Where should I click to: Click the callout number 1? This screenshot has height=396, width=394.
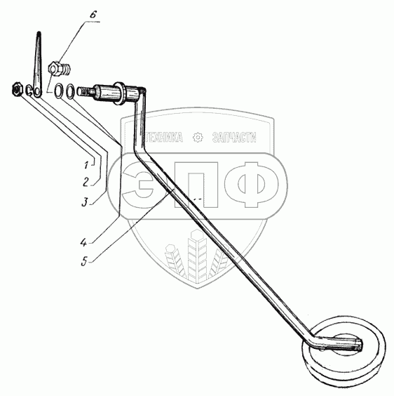[x=86, y=165]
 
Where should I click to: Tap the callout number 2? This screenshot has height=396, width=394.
[x=86, y=182]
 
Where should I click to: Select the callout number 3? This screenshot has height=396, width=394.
[x=85, y=202]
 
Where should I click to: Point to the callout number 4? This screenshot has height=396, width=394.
[x=83, y=243]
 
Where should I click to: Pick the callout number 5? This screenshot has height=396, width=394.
[x=84, y=261]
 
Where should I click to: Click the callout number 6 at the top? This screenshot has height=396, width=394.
[x=93, y=14]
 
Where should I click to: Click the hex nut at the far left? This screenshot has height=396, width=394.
[x=18, y=89]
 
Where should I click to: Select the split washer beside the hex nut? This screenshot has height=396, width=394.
[x=29, y=91]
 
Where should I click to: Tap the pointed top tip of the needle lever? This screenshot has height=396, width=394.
[x=39, y=32]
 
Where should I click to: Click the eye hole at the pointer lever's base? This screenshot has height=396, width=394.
[x=38, y=91]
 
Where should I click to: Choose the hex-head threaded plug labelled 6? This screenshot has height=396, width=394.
[x=60, y=68]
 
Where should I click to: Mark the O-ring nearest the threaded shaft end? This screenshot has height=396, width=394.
[x=70, y=91]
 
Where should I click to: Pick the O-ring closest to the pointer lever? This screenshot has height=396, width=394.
[x=59, y=90]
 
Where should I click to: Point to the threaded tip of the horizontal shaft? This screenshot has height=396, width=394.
[x=83, y=91]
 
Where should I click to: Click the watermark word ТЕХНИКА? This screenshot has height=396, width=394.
[x=164, y=137]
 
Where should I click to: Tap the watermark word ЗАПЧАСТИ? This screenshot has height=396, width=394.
[x=234, y=137]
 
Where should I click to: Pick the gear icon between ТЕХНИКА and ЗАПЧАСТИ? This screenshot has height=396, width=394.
[x=198, y=138]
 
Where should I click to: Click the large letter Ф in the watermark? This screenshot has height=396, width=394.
[x=252, y=185]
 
